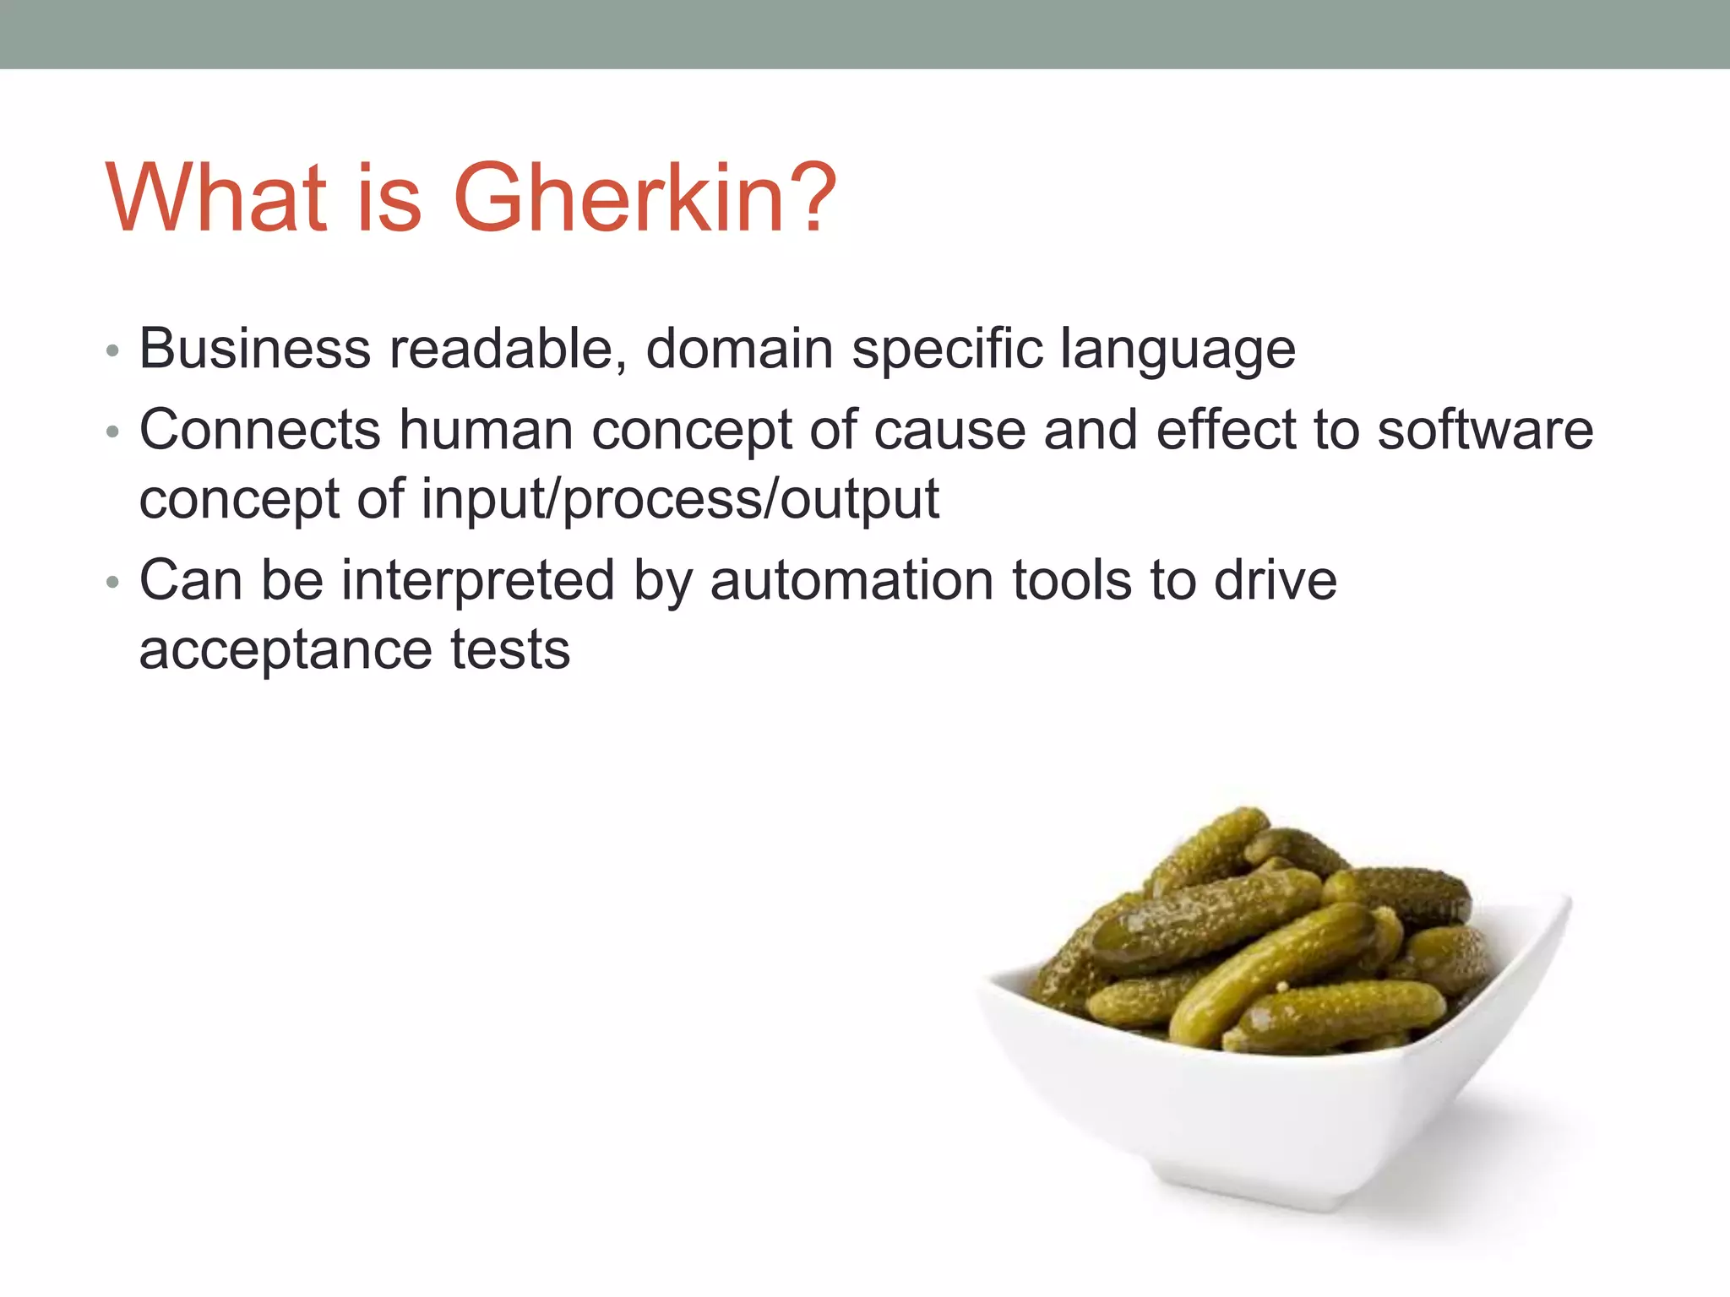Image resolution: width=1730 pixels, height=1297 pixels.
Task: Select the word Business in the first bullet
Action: pos(254,348)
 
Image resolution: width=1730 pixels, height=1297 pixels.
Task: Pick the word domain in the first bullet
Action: pos(739,348)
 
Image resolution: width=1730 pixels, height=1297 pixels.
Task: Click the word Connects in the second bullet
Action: pos(259,430)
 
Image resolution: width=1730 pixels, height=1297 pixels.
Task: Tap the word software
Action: pos(1485,430)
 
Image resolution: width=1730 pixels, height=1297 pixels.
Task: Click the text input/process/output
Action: pos(680,500)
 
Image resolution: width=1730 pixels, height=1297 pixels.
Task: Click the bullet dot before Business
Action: pos(113,351)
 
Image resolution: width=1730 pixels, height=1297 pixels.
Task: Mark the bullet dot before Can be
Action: pos(113,583)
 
